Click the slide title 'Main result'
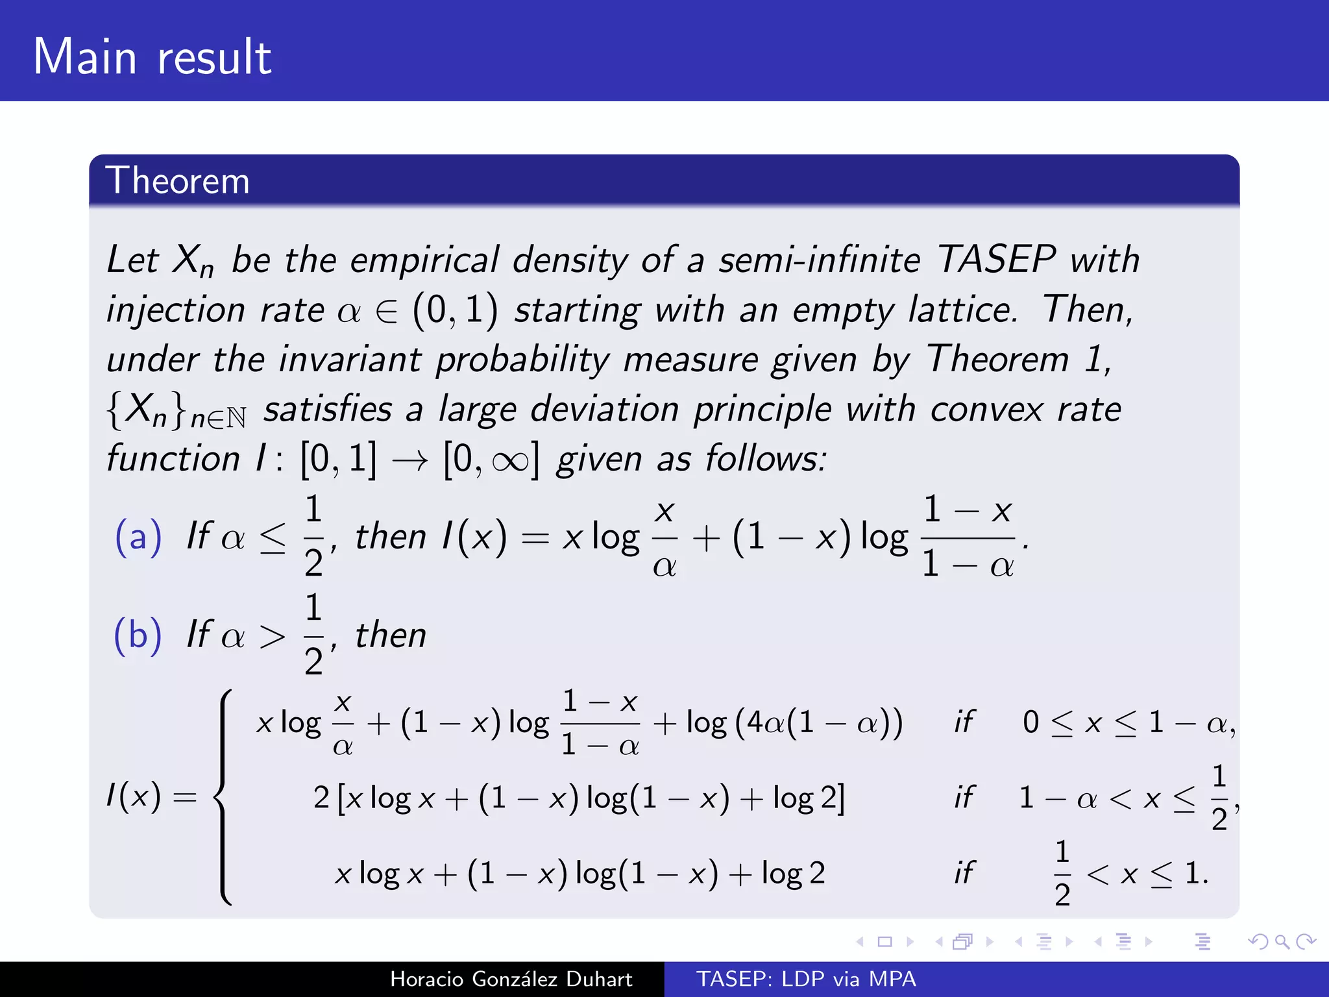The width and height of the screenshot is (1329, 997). pyautogui.click(x=152, y=57)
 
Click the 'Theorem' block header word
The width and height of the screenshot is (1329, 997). pyautogui.click(x=177, y=180)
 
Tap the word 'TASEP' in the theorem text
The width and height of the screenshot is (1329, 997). pyautogui.click(x=996, y=260)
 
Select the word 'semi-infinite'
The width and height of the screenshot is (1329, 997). pyautogui.click(x=820, y=260)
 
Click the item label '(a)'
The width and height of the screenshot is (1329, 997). pyautogui.click(x=138, y=537)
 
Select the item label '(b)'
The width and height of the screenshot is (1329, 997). pyautogui.click(x=138, y=635)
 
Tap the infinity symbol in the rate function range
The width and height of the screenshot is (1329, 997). pyautogui.click(x=510, y=461)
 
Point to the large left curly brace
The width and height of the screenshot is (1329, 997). pyautogui.click(x=224, y=797)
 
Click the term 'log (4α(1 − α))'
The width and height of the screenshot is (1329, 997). pyautogui.click(x=794, y=722)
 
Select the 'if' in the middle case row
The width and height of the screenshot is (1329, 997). pyautogui.click(x=964, y=798)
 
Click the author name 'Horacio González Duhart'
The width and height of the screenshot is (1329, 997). pyautogui.click(x=511, y=979)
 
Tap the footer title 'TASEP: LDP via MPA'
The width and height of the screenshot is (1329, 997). pyautogui.click(x=806, y=979)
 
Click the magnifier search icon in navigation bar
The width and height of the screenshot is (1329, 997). pyautogui.click(x=1282, y=941)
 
